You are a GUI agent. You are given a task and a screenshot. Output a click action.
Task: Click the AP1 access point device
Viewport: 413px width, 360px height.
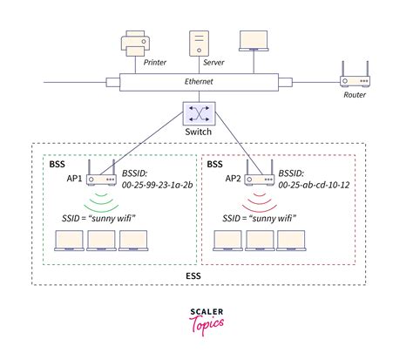(x=103, y=180)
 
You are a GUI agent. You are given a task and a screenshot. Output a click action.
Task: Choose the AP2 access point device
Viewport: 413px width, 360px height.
(x=259, y=180)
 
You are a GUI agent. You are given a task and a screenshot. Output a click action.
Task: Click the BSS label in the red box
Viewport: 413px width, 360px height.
(x=213, y=163)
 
